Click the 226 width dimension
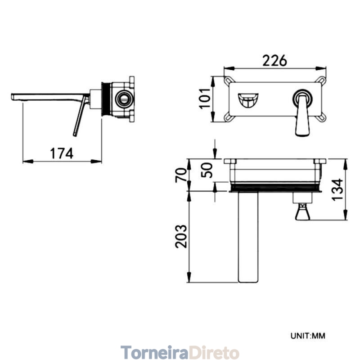(274, 60)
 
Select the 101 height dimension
(205, 99)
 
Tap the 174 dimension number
(62, 153)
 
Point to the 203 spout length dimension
(181, 236)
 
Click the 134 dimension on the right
(337, 189)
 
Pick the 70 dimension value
(181, 175)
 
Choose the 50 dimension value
(207, 170)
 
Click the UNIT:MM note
(308, 336)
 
